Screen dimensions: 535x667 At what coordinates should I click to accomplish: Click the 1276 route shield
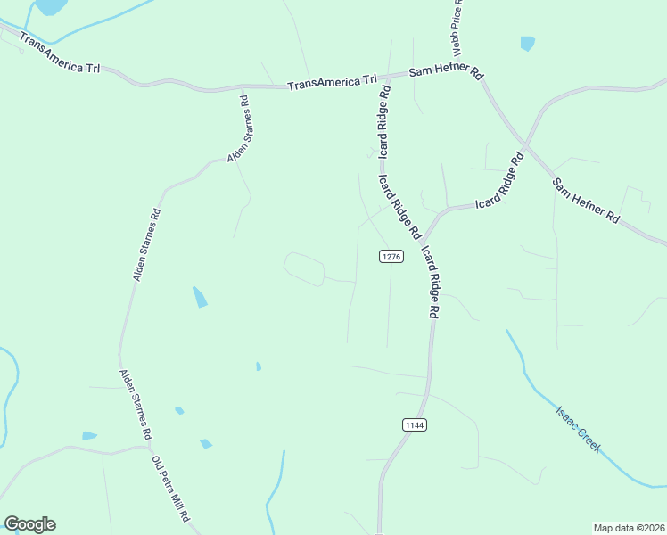(x=391, y=256)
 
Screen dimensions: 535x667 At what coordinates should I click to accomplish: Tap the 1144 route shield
(x=414, y=424)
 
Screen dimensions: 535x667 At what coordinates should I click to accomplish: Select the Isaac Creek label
(x=578, y=429)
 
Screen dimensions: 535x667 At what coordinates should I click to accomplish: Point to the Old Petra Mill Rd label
(x=171, y=490)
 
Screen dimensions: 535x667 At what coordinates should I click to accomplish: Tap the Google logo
(x=29, y=524)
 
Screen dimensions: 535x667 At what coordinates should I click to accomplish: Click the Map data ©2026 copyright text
(x=628, y=527)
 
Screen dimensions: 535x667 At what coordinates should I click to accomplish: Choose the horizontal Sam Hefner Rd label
(x=445, y=72)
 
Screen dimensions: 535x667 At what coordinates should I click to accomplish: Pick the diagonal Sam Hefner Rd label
(x=585, y=200)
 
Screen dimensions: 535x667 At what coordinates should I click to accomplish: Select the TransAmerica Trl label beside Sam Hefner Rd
(x=332, y=83)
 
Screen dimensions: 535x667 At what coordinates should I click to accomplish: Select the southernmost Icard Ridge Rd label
(x=430, y=282)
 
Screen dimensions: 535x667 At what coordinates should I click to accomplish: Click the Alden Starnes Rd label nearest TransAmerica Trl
(x=239, y=130)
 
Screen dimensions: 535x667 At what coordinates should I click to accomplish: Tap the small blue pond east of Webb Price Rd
(x=528, y=43)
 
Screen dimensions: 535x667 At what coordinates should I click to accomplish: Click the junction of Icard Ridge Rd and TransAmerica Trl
(x=385, y=78)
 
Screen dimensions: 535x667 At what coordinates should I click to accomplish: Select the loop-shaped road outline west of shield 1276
(x=303, y=268)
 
